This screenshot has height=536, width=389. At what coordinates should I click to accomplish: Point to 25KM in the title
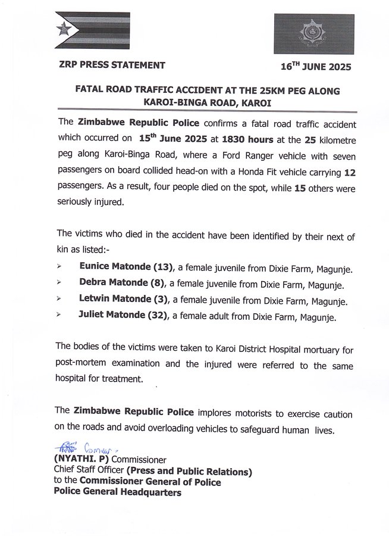click(258, 88)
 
